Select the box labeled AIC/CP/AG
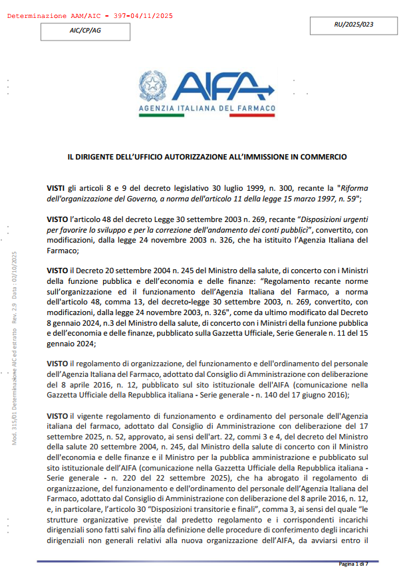86,31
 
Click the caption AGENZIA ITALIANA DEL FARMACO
207,108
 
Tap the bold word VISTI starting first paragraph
57,189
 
